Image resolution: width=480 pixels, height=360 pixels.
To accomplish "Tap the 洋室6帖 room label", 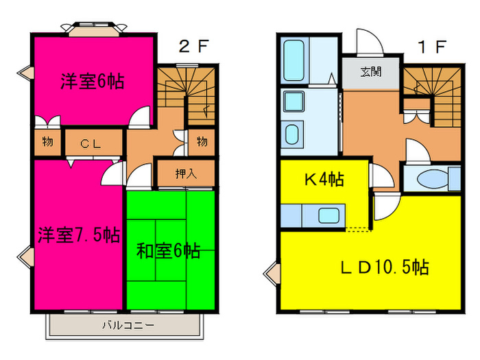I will [x=92, y=82].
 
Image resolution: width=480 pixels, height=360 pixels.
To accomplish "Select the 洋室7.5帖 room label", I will [x=78, y=235].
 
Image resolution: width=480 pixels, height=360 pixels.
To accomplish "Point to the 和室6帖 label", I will [x=169, y=251].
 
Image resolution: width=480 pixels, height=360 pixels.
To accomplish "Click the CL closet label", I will [x=92, y=143].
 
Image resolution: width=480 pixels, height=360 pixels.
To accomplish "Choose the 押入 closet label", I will [x=186, y=173].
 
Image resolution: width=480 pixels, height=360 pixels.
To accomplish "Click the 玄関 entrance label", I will [x=372, y=71].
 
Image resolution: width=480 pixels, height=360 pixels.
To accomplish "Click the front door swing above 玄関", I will [x=368, y=43].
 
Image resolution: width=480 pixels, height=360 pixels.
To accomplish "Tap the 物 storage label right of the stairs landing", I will [x=202, y=142].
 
